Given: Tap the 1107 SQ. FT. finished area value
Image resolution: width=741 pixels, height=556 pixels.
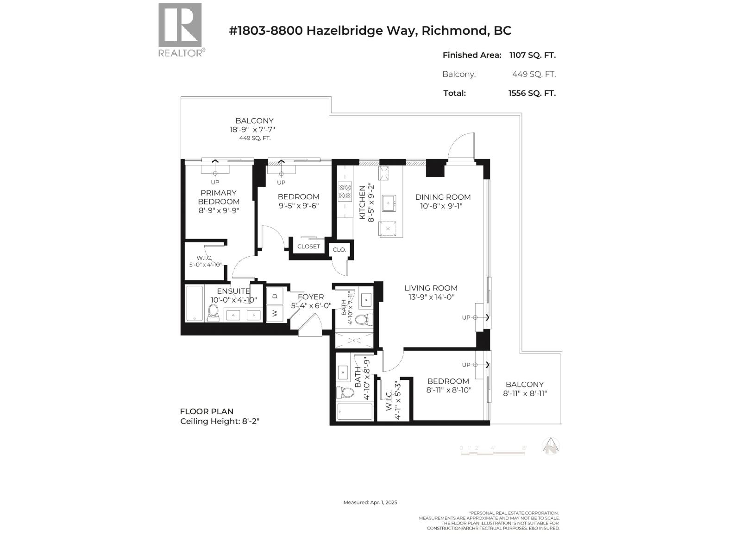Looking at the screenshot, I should [x=532, y=55].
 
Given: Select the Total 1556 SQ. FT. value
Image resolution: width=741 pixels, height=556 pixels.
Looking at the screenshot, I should [x=532, y=93].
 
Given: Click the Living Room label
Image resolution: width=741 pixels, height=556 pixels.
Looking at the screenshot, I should [x=431, y=288].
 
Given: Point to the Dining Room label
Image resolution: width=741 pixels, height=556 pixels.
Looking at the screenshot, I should [x=443, y=197].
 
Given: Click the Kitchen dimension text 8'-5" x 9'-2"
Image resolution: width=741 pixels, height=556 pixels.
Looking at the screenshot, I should [x=370, y=203].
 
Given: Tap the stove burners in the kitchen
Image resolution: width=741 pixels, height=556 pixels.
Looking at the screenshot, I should [x=345, y=192].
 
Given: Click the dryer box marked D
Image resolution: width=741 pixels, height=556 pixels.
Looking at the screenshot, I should [x=275, y=296].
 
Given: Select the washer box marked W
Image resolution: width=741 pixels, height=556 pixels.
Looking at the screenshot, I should [x=275, y=313].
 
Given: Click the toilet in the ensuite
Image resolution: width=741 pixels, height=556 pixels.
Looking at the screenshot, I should [x=214, y=313].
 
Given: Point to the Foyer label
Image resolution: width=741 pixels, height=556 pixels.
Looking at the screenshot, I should [x=311, y=297].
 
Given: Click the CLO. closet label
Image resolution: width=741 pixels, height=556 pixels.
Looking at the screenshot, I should [x=339, y=250].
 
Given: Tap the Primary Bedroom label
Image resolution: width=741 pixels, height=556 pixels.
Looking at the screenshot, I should [x=219, y=197].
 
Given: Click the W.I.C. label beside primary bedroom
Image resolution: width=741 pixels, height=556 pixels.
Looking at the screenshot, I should [x=204, y=258].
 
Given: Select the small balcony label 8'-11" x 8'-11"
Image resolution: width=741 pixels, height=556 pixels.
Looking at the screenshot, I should [x=525, y=393].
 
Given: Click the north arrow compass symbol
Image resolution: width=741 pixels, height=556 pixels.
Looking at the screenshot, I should [x=551, y=447].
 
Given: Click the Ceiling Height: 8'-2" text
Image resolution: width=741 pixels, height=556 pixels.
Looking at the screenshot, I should [x=220, y=422].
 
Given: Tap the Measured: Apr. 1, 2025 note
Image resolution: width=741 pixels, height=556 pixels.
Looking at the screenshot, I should [x=370, y=502].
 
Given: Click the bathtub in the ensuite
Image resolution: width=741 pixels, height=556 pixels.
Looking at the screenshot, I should [x=195, y=303].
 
